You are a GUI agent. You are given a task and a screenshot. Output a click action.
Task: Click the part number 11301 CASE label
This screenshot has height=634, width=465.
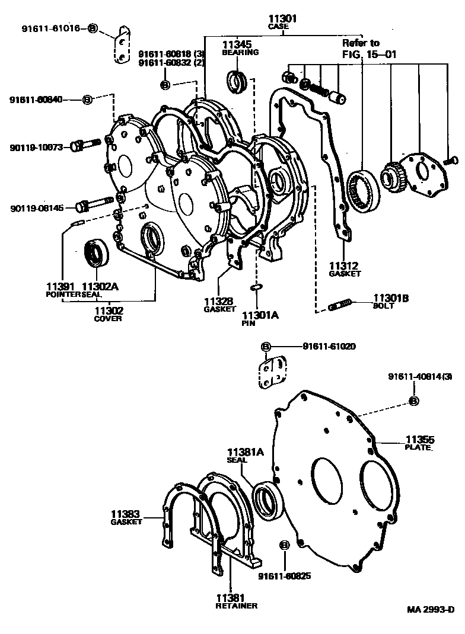[x=282, y=23]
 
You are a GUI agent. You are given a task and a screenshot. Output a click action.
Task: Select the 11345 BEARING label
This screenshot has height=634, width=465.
[x=240, y=47]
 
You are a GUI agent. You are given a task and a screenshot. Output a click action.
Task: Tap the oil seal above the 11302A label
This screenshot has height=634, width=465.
[x=95, y=253]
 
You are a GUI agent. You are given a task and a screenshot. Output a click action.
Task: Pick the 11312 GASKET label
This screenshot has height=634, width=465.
[x=345, y=269]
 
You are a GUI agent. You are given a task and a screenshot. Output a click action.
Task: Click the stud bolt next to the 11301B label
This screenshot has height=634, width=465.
[x=340, y=306]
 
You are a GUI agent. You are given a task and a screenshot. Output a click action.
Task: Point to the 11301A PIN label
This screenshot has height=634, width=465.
[x=259, y=319]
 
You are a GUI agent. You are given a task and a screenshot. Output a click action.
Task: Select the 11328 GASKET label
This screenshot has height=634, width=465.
[x=219, y=305]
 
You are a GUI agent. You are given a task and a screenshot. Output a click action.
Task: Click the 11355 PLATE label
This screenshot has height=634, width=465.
[x=419, y=443]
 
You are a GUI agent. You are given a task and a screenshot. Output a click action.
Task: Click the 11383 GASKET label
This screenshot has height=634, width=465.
[x=126, y=517]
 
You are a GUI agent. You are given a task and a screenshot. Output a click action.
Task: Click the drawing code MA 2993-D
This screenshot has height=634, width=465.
[x=430, y=609]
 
